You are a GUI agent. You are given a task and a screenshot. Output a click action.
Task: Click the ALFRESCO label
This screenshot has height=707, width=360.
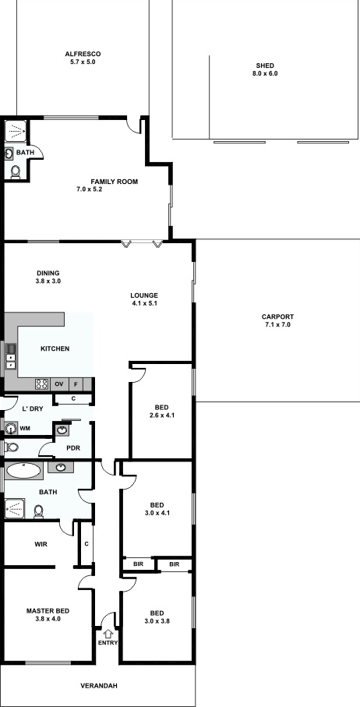pos(83,54)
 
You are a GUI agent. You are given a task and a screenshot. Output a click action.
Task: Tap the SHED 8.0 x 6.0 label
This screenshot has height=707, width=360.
pos(265,69)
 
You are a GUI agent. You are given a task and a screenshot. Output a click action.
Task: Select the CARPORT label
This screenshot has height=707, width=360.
pos(277,316)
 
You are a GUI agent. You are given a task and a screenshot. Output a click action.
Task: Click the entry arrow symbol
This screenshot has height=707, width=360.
pos(108,634)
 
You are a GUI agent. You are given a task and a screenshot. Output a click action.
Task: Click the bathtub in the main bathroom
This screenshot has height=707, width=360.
pos(24,471)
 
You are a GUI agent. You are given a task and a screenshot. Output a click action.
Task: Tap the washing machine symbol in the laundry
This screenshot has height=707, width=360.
pos(11,428)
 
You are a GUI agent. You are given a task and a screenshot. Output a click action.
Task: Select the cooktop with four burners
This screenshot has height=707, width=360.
pos(42,384)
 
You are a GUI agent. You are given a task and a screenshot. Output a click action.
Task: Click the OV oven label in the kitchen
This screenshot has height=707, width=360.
pos(58,384)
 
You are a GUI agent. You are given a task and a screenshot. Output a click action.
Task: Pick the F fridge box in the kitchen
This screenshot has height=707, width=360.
pos(76,384)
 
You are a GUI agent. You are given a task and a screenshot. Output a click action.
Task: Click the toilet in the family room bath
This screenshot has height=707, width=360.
pos(16,171)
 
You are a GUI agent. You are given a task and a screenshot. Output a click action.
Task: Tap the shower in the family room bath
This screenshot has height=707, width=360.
pos(16,131)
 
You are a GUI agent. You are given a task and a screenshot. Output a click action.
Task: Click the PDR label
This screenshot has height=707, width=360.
pos(73,449)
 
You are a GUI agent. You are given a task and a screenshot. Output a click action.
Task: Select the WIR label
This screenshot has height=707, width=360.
pos(41,544)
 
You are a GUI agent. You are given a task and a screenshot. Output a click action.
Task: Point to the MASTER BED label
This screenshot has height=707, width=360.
pos(48,611)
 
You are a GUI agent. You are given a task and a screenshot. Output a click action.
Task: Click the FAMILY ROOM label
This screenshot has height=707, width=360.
pos(115,182)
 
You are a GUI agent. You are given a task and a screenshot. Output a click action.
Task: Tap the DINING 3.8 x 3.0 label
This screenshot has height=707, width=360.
pos(48,277)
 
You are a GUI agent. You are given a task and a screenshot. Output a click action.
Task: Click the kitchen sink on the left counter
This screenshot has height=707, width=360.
pos(11,349)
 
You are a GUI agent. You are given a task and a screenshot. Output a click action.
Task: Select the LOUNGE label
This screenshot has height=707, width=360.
pos(144,295)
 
